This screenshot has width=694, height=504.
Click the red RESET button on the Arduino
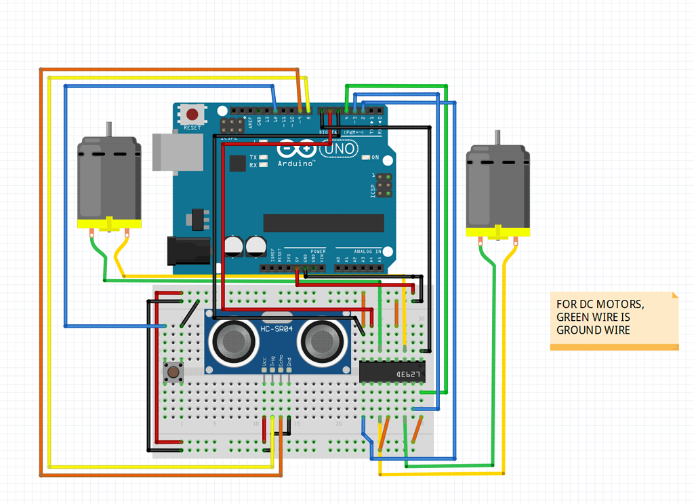192,115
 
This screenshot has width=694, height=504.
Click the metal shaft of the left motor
108,130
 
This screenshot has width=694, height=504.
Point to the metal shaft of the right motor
497,138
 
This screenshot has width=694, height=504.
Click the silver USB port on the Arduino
178,151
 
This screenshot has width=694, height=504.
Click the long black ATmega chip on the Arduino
323,222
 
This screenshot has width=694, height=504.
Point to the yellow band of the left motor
108,225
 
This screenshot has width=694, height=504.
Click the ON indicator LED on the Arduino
366,157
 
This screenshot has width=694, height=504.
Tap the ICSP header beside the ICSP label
384,185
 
